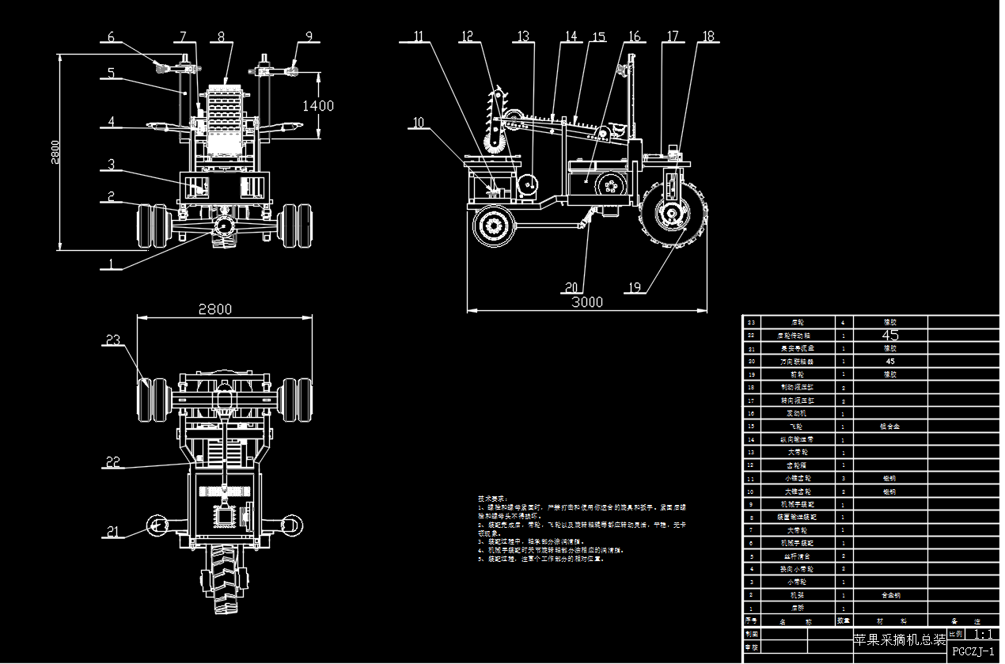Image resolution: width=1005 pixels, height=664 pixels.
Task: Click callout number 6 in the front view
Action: pyautogui.click(x=111, y=36)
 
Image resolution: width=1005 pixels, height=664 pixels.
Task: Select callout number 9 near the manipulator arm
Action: pyautogui.click(x=309, y=36)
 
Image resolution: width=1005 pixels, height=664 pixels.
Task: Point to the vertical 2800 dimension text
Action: pyautogui.click(x=55, y=150)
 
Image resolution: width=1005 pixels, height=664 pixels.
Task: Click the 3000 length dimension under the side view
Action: pyautogui.click(x=587, y=302)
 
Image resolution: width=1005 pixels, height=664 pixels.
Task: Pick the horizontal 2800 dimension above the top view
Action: pyautogui.click(x=215, y=309)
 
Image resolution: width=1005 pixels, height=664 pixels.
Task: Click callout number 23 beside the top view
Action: pyautogui.click(x=113, y=340)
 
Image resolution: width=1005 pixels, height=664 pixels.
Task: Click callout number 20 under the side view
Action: pyautogui.click(x=573, y=287)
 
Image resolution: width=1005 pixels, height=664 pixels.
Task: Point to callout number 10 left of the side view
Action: pyautogui.click(x=419, y=123)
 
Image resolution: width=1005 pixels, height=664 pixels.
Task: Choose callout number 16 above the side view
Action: pyautogui.click(x=635, y=36)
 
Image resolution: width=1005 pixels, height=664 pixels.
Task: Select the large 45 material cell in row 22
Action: pyautogui.click(x=890, y=335)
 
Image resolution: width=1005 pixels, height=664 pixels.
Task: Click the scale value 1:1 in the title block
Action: pyautogui.click(x=984, y=634)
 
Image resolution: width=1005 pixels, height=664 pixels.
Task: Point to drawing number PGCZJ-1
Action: pyautogui.click(x=973, y=651)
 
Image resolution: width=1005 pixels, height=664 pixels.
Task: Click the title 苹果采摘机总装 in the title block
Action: pyautogui.click(x=900, y=639)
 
